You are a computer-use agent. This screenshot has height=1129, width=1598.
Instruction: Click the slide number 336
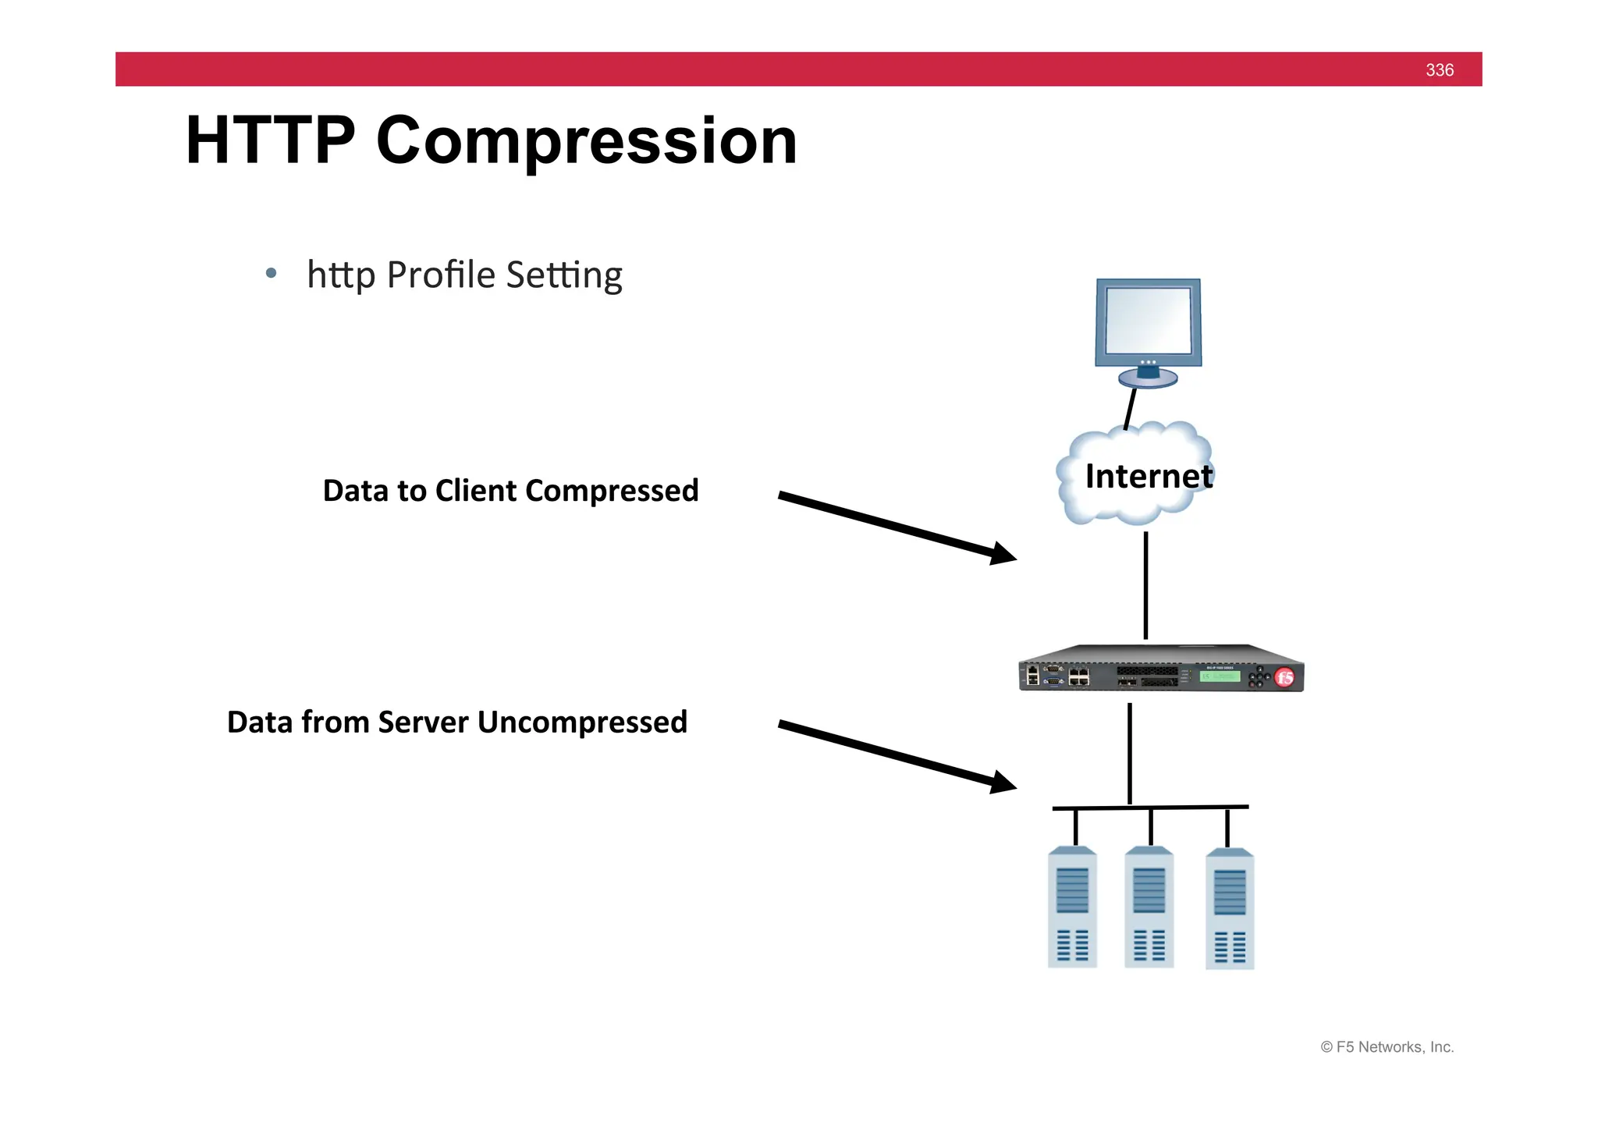(1439, 70)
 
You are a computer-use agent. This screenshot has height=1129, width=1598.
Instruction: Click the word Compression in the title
(586, 142)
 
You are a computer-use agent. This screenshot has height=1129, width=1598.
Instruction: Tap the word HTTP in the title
(270, 140)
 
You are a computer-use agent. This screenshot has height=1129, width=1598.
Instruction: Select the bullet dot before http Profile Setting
(271, 273)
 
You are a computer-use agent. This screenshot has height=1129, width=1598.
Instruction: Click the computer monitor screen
(1148, 321)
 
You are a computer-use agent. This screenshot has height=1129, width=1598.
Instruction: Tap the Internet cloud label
(1148, 476)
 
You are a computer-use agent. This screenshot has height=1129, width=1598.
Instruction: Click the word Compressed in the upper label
(612, 492)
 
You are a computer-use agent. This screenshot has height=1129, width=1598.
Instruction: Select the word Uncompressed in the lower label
(582, 722)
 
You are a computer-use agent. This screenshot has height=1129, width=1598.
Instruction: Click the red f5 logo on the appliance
(1284, 677)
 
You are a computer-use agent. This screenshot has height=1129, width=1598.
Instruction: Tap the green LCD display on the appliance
(1220, 676)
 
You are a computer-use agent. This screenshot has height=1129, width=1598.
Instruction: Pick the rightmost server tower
(1230, 910)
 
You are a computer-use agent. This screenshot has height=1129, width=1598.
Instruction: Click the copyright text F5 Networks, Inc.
(1387, 1047)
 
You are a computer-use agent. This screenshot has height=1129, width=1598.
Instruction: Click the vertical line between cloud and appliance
(1145, 585)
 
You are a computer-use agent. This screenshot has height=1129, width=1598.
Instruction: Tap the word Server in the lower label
(424, 722)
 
